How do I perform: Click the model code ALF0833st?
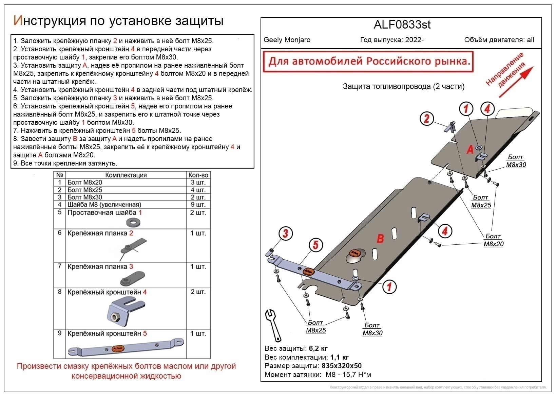point(402,25)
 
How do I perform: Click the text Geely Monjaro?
point(287,40)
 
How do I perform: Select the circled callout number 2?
point(427,118)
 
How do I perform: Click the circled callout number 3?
point(286,234)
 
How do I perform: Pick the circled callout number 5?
point(315,244)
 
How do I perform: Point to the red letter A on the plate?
point(470,149)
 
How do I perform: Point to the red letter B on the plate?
point(381,238)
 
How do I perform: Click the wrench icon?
point(273,325)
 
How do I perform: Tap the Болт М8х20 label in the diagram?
point(494,240)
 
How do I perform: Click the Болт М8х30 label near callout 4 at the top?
point(516,161)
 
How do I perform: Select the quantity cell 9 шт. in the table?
point(198,205)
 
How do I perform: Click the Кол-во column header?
point(198,175)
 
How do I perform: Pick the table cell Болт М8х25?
point(85,190)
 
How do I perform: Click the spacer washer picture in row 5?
point(133,223)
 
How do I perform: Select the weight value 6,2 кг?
point(318,348)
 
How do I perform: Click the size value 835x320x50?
point(342,366)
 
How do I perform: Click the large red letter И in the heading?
point(18,21)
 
